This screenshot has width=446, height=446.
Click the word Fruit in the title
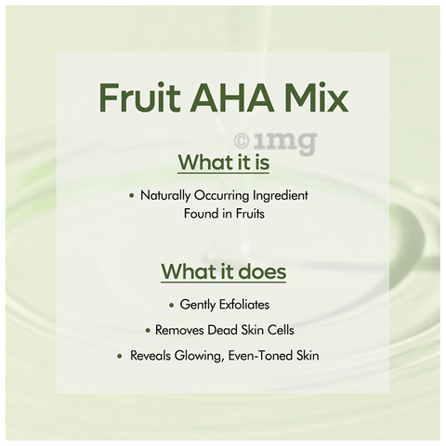click(139, 97)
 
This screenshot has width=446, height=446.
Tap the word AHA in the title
click(231, 98)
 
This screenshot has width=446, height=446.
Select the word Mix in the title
click(316, 97)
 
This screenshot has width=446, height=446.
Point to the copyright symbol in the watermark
click(242, 141)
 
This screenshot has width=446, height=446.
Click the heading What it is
click(224, 162)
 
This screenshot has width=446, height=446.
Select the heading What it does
click(224, 271)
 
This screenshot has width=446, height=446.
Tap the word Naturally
click(165, 196)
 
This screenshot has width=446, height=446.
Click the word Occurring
click(221, 196)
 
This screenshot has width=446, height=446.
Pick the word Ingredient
click(281, 196)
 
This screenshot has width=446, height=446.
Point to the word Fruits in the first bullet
click(250, 214)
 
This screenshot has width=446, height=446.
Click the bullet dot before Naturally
click(132, 196)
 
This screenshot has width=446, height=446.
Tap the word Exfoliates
click(244, 305)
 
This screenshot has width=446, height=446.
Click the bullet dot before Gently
click(172, 305)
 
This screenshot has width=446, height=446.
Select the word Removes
click(179, 330)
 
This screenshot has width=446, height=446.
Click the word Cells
click(281, 330)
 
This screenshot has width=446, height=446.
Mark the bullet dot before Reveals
click(120, 356)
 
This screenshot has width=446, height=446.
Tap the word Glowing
click(199, 356)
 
